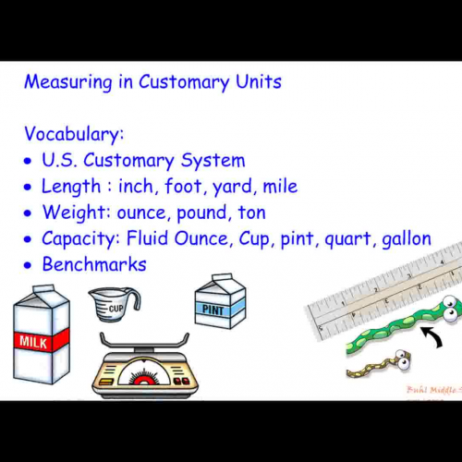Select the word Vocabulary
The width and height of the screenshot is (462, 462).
(x=74, y=134)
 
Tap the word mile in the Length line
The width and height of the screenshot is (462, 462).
(x=278, y=187)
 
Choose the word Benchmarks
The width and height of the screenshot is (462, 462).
(x=94, y=264)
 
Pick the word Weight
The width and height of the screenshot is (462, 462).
(x=72, y=213)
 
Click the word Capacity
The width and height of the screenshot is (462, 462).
(x=80, y=239)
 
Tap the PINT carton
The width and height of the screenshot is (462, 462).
(x=220, y=302)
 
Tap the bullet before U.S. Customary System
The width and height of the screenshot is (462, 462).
(x=30, y=162)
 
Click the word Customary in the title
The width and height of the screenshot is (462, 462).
(x=182, y=82)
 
